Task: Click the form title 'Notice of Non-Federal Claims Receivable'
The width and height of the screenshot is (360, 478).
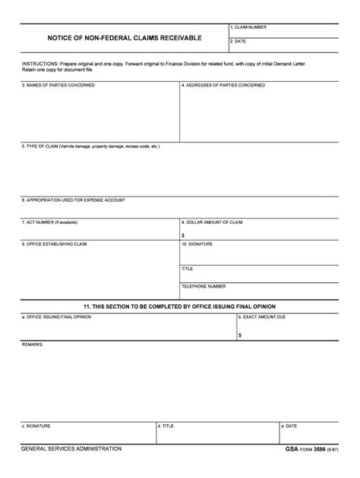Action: point(125,37)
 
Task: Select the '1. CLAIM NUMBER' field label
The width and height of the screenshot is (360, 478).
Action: point(248,27)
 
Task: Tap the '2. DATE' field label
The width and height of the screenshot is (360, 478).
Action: point(238,42)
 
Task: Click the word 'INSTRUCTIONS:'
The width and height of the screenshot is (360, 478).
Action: point(39,64)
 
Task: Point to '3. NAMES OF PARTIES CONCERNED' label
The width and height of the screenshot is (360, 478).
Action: point(58,86)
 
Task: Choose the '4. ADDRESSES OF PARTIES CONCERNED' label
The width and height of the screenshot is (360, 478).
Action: point(223,86)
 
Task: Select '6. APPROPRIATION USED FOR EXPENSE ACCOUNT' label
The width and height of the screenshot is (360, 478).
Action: point(73,200)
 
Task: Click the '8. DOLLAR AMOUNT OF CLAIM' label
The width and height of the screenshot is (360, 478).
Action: point(212,222)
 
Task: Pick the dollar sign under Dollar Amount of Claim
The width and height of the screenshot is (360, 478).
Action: point(183,235)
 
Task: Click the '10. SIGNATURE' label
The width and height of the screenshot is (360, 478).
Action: point(197,244)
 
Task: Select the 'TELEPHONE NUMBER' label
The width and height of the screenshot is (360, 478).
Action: point(204,286)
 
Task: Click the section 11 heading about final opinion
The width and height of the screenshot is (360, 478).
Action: point(179,307)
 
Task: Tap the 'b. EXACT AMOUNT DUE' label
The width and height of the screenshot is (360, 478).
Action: point(262,316)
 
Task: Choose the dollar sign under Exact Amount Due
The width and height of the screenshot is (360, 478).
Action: point(240,335)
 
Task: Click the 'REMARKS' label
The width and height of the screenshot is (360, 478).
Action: point(32,344)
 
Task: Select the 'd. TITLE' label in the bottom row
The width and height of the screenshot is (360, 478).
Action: point(166,426)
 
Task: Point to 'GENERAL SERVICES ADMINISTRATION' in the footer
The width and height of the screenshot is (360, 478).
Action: point(71,449)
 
